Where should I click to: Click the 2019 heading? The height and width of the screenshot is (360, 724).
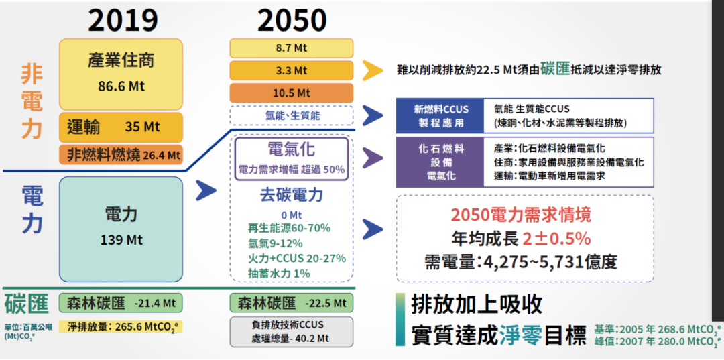pyautogui.click(x=123, y=21)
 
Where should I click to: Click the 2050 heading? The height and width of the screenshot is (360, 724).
pyautogui.click(x=292, y=21)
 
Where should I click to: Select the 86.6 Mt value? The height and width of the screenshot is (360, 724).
pyautogui.click(x=121, y=86)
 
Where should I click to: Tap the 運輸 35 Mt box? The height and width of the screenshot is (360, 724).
pyautogui.click(x=121, y=127)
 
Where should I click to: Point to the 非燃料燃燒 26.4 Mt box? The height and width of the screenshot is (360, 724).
pyautogui.click(x=121, y=155)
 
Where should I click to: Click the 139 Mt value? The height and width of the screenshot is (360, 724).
pyautogui.click(x=121, y=240)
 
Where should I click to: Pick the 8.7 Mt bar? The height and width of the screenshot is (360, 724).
pyautogui.click(x=292, y=48)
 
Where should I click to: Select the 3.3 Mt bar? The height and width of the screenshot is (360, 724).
pyautogui.click(x=292, y=70)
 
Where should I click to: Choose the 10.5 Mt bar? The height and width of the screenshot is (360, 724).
pyautogui.click(x=292, y=93)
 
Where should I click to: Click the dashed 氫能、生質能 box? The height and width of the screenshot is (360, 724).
pyautogui.click(x=292, y=115)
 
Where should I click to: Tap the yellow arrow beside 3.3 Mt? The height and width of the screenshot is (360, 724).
pyautogui.click(x=373, y=70)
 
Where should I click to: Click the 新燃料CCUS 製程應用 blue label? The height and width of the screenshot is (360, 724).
pyautogui.click(x=440, y=116)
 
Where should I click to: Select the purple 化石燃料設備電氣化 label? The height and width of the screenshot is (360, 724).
pyautogui.click(x=440, y=162)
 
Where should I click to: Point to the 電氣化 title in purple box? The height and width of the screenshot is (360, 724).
pyautogui.click(x=292, y=150)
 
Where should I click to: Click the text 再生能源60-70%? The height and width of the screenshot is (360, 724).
pyautogui.click(x=289, y=228)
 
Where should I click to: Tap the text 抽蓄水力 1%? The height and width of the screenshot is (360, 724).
pyautogui.click(x=279, y=274)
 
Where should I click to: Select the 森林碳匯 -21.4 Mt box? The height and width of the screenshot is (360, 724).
pyautogui.click(x=121, y=303)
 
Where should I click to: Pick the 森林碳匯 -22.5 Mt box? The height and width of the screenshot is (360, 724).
pyautogui.click(x=292, y=303)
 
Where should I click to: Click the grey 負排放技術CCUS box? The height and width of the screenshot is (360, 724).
pyautogui.click(x=292, y=331)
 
